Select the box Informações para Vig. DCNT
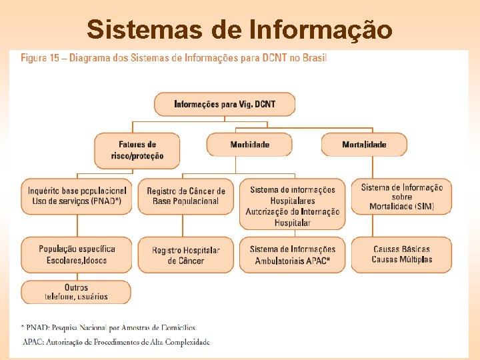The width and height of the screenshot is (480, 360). click(224, 104)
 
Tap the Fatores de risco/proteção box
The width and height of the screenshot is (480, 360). click(137, 150)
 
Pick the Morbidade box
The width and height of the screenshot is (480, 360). click(249, 144)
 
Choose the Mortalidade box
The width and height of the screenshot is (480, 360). click(364, 144)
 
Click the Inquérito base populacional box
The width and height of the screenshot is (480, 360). click(77, 196)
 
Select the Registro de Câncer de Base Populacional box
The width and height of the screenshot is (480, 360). click(186, 196)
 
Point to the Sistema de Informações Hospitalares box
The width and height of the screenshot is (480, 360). click(293, 206)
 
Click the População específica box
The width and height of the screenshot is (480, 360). click(77, 255)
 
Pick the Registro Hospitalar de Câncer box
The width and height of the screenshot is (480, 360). click(186, 255)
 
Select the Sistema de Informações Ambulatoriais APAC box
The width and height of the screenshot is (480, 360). click(293, 255)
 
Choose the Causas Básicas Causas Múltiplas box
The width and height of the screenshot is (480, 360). click(402, 255)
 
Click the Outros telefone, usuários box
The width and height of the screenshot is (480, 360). click(76, 292)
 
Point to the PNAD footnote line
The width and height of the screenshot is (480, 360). click(109, 327)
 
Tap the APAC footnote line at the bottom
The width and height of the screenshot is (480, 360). click(116, 342)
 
